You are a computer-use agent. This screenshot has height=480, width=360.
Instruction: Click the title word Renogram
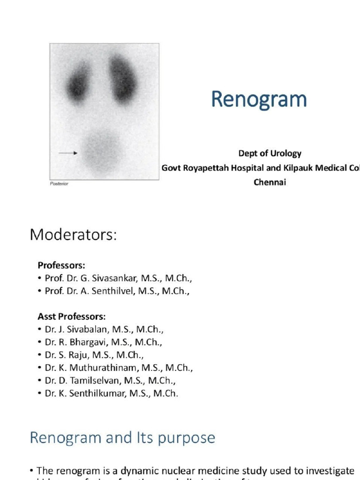(259, 100)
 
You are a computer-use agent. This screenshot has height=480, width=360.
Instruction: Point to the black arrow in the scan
(68, 153)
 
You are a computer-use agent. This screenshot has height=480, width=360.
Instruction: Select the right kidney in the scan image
(123, 78)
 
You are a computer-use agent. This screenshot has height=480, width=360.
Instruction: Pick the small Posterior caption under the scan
(59, 184)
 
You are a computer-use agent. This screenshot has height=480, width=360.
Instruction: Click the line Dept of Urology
(270, 153)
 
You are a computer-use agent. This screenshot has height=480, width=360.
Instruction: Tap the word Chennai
(270, 182)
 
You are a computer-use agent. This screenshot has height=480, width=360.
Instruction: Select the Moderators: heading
(73, 234)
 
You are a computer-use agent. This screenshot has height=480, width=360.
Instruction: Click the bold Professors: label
(61, 265)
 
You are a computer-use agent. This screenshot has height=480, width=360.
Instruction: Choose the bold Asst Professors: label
(72, 316)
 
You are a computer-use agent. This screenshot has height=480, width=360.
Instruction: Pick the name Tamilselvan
(98, 381)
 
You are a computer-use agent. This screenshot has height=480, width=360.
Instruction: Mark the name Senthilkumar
(99, 394)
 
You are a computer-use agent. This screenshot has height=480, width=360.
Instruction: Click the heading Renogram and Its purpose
(122, 437)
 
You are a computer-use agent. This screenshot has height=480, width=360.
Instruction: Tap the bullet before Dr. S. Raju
(39, 355)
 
